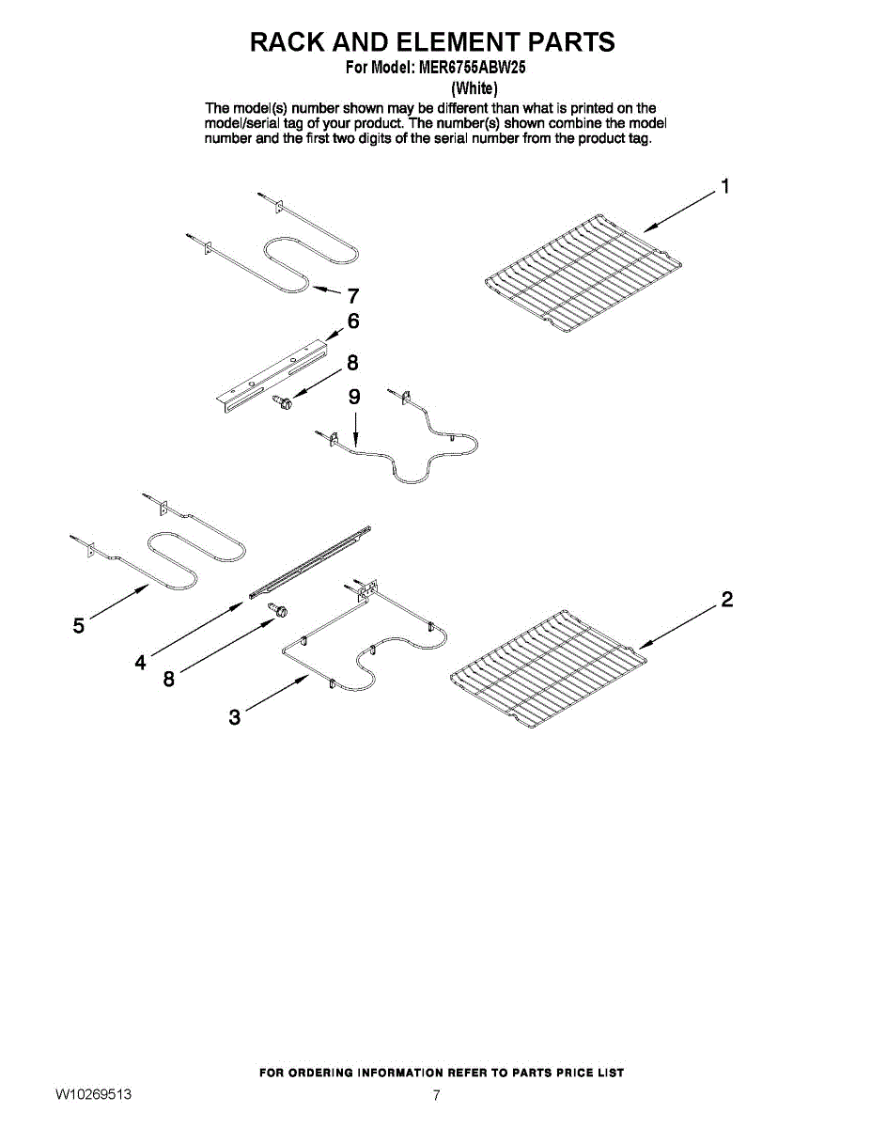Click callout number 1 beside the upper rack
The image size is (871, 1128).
(724, 186)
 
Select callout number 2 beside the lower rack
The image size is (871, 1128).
(726, 600)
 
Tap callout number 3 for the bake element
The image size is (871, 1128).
(235, 718)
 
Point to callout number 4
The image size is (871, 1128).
(140, 662)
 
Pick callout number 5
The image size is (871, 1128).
(78, 624)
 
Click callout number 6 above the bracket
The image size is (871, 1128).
(353, 321)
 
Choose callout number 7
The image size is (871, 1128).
(353, 294)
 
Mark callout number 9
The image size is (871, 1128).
(354, 397)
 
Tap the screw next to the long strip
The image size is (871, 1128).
(278, 611)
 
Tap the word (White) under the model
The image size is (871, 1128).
(474, 88)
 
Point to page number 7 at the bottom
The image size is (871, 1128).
(436, 1095)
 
